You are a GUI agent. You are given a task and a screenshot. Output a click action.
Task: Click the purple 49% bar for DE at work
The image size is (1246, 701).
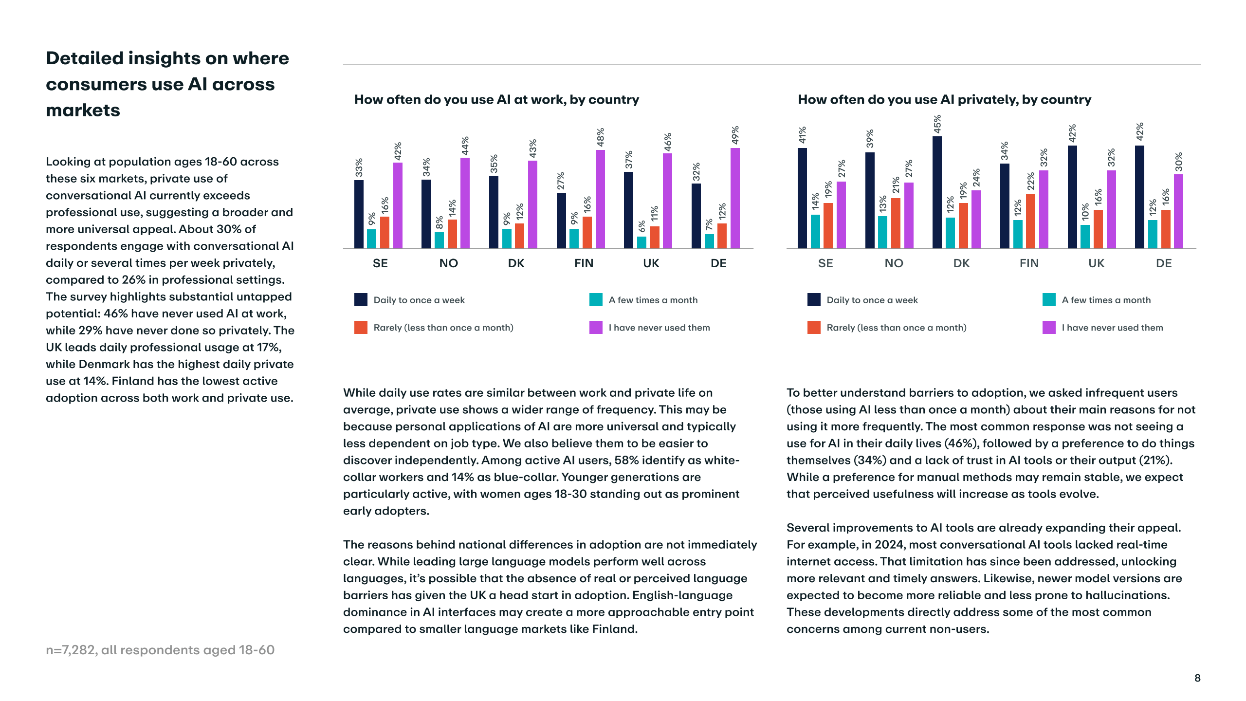(735, 198)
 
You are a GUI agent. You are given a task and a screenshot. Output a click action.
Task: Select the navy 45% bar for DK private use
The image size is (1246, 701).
(937, 192)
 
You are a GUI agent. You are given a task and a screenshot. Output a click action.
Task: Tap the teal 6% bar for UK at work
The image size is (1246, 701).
(641, 242)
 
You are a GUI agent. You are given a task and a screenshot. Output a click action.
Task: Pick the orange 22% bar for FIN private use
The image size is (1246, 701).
(1030, 221)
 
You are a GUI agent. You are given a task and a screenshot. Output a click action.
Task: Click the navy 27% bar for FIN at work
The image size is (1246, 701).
(561, 221)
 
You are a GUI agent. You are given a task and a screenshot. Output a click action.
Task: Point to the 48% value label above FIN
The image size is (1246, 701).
(601, 137)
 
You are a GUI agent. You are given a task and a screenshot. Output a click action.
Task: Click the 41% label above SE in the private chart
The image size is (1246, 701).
(802, 135)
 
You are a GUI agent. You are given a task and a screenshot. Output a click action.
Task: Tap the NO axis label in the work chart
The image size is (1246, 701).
(448, 263)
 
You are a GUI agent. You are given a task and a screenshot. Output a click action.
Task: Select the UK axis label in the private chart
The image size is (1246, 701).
(1096, 263)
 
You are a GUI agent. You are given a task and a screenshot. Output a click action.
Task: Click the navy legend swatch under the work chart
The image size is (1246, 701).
(361, 300)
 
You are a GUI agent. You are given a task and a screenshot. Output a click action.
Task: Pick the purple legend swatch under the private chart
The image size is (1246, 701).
(1049, 328)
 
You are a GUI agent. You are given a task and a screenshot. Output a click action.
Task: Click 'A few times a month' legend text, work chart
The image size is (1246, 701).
(653, 300)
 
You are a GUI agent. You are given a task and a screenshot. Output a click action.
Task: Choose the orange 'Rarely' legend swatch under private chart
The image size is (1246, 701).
(814, 328)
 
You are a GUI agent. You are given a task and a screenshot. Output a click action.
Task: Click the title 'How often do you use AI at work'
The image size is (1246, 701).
(496, 100)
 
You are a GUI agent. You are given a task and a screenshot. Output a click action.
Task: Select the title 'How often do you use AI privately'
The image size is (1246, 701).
(944, 100)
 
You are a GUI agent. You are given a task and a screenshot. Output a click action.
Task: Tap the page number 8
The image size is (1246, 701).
(1197, 678)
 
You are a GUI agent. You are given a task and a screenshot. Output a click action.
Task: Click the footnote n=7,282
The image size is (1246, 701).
(160, 650)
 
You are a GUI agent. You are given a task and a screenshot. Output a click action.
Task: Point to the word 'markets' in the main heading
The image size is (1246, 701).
(83, 111)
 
